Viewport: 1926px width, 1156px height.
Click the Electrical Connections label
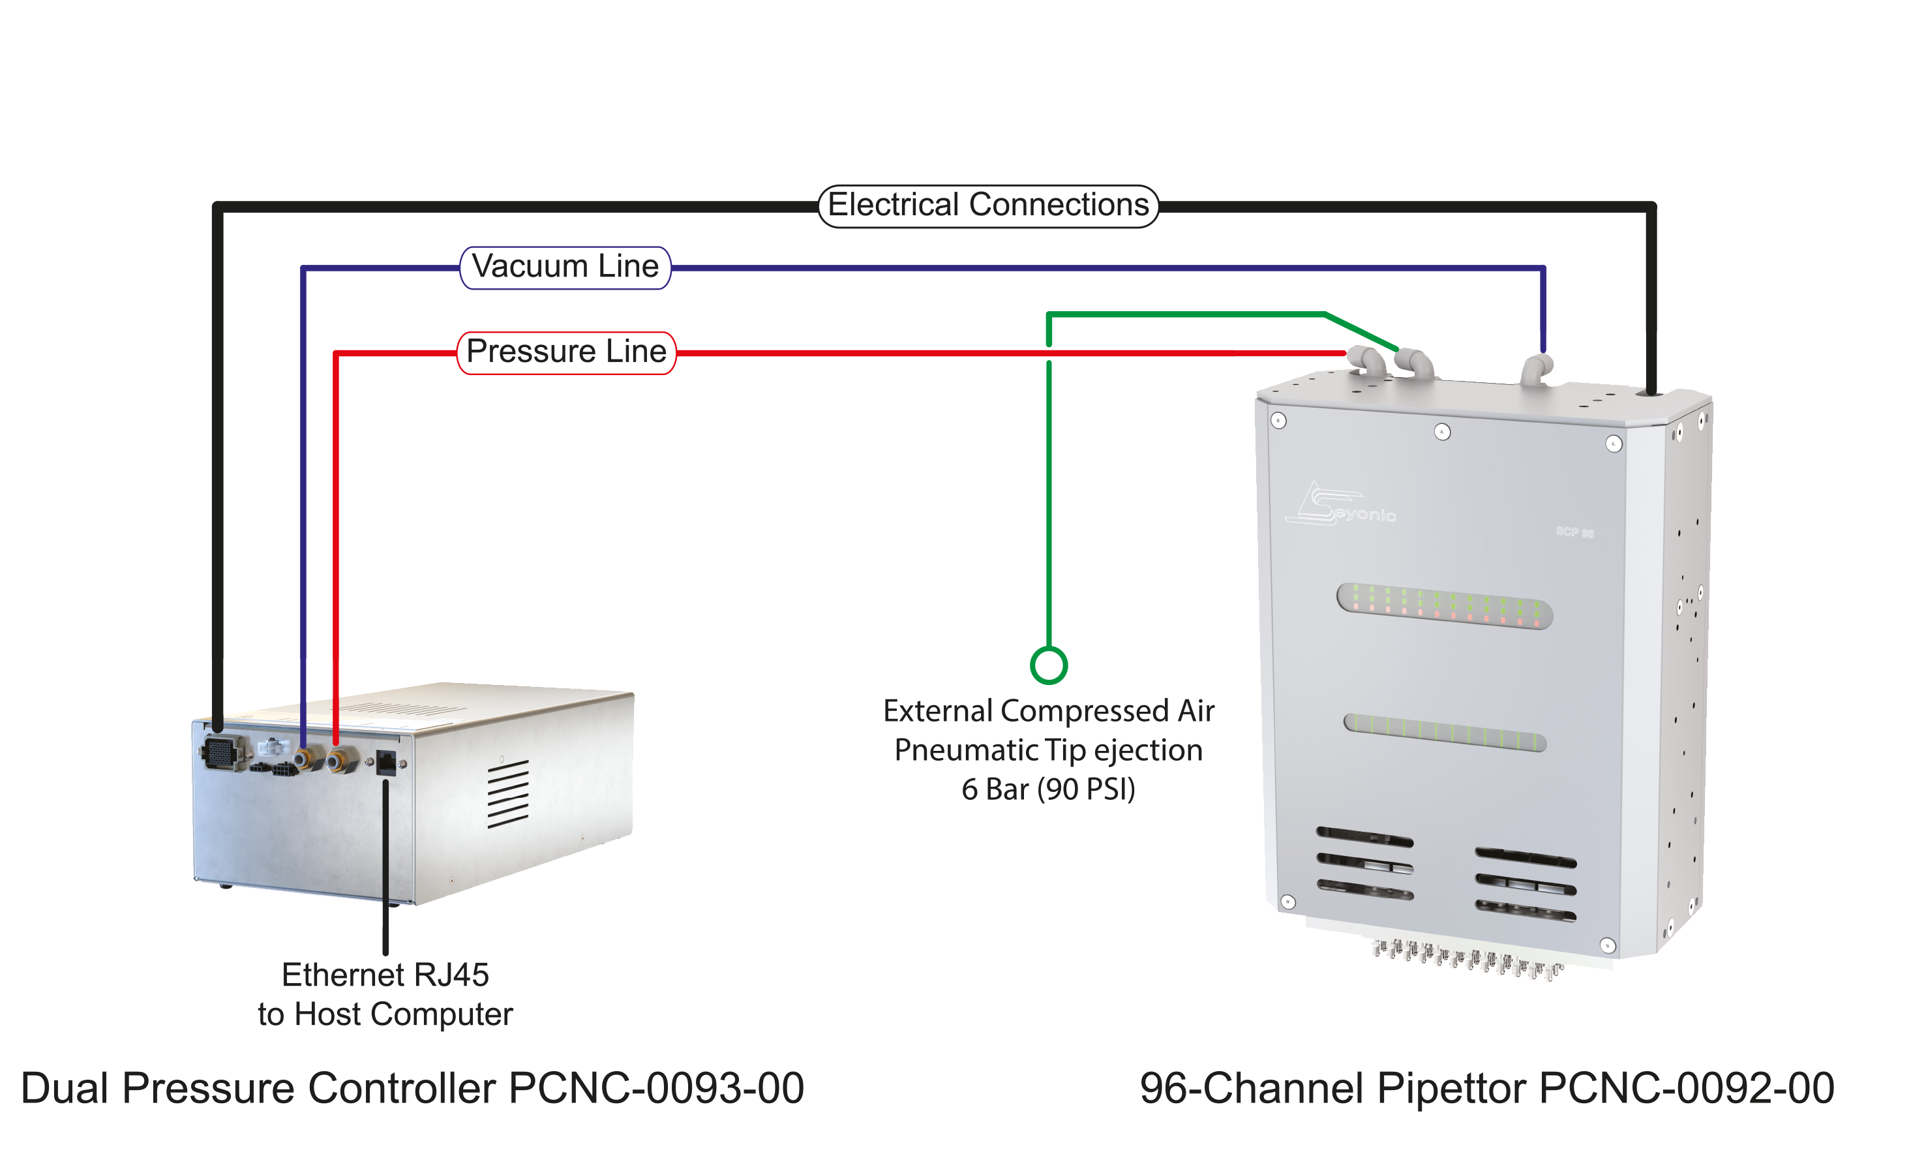[x=987, y=205]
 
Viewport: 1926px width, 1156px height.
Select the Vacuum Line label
[x=565, y=267]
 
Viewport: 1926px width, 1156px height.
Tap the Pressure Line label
[x=565, y=352]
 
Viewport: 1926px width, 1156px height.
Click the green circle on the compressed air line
[x=1048, y=666]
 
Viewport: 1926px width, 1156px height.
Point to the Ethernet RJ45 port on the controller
[x=385, y=762]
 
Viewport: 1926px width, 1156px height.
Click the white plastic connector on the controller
[x=273, y=747]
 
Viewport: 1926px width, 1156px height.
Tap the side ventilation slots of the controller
[x=508, y=793]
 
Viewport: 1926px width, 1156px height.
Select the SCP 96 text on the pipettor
[x=1574, y=532]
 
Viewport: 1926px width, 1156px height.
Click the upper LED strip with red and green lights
[x=1444, y=605]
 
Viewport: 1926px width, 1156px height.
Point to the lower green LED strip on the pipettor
[x=1444, y=732]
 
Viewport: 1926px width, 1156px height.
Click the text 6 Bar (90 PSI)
[x=1047, y=789]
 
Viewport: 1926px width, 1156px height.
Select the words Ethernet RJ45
[x=385, y=975]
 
